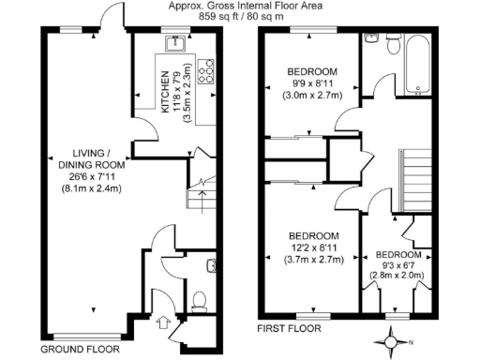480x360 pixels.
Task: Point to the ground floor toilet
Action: (198, 299)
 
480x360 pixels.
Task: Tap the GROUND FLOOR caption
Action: (80, 348)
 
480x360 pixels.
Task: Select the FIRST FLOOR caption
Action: (289, 328)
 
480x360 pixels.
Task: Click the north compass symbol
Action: (393, 341)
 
